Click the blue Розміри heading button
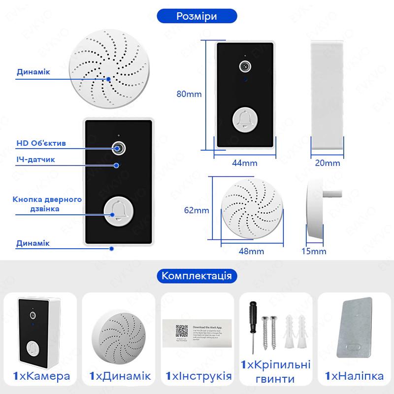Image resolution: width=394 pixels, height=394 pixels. click(x=197, y=16)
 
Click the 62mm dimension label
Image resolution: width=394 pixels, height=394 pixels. click(x=197, y=210)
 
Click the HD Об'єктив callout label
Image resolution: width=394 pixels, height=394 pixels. click(x=47, y=143)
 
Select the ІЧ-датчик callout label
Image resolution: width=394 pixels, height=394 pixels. click(x=35, y=161)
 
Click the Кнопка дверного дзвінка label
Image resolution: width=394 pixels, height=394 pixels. click(x=47, y=204)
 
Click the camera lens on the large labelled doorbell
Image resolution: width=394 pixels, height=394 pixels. click(x=118, y=147)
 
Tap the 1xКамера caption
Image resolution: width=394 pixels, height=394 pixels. click(x=41, y=377)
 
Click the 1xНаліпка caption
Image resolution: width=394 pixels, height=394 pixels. click(x=354, y=377)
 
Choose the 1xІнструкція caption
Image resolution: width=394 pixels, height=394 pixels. click(x=198, y=377)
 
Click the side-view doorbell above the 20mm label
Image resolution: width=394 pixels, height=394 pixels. click(x=327, y=94)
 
